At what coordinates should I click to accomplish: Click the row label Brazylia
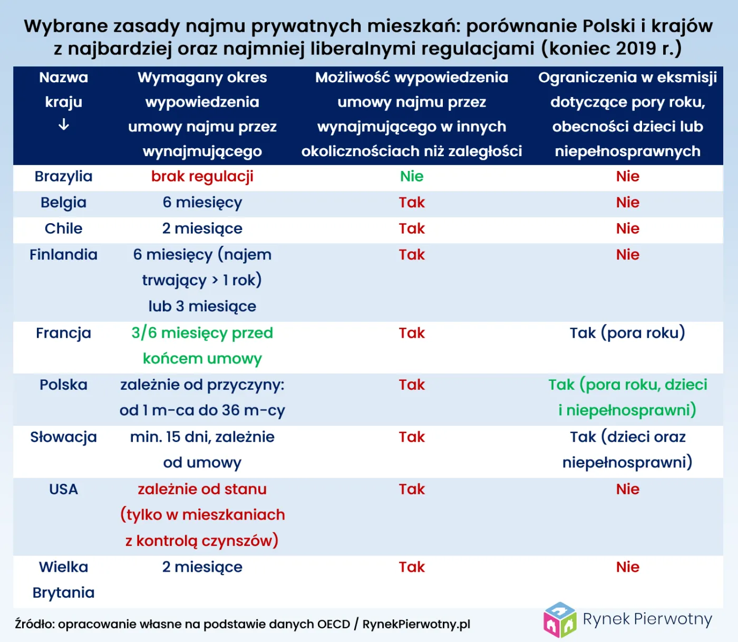coord(63,177)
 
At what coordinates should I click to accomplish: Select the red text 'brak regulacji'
coord(202,177)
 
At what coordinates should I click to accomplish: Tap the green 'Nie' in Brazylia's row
coord(411,177)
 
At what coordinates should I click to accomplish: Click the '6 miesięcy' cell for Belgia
coord(202,203)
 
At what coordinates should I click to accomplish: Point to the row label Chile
coord(63,228)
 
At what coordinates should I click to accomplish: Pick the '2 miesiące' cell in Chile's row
coord(202,228)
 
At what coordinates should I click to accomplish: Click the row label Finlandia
coord(63,255)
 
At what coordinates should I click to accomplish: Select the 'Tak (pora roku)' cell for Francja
coord(627,333)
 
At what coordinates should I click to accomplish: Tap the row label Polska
coord(63,385)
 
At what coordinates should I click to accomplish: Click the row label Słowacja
coord(63,437)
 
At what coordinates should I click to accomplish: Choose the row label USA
coord(63,489)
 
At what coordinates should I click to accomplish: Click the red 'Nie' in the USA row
coord(627,489)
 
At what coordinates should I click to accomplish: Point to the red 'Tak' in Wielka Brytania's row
coord(411,567)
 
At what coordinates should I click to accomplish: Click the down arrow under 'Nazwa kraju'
coord(63,125)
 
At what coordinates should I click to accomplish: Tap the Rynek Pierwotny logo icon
coord(560,620)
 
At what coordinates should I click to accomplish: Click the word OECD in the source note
coord(333,625)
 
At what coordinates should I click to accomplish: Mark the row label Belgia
coord(63,203)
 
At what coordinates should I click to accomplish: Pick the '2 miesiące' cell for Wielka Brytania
coord(202,567)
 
